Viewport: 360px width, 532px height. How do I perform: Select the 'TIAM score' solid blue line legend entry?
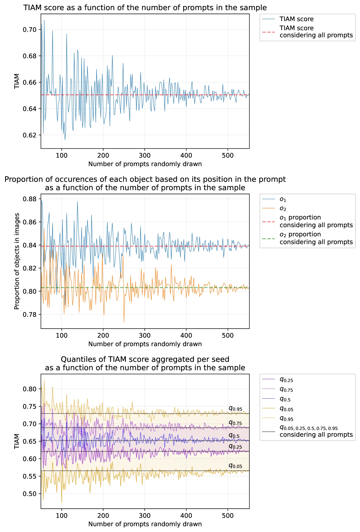click(x=296, y=19)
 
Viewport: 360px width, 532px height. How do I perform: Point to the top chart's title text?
click(x=145, y=8)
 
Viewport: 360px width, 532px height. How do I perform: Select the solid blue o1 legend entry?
click(x=283, y=200)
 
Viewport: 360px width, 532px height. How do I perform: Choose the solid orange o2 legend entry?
click(x=283, y=209)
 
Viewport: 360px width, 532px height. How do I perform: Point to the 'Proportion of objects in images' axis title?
click(x=17, y=261)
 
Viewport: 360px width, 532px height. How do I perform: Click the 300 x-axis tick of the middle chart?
click(x=145, y=335)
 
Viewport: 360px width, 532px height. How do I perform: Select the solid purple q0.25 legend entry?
click(x=286, y=380)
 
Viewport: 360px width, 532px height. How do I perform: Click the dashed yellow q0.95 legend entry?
click(x=286, y=419)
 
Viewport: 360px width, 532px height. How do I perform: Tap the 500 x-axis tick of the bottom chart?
click(x=228, y=515)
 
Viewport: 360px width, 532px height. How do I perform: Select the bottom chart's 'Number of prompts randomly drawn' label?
click(x=145, y=524)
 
